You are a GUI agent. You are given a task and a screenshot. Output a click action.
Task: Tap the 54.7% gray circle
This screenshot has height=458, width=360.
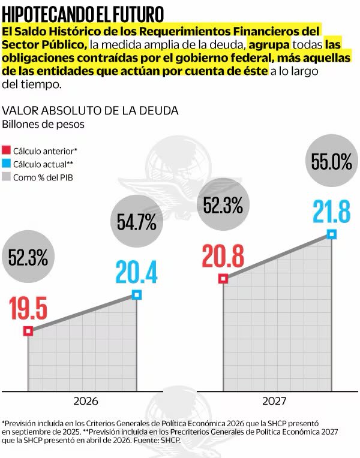[x=136, y=222]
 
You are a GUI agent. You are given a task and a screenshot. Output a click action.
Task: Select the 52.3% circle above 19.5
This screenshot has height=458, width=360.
[x=28, y=258]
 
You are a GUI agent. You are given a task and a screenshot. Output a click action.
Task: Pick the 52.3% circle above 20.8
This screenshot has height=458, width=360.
[x=223, y=206]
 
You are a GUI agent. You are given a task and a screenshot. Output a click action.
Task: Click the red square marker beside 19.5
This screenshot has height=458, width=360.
[x=28, y=331]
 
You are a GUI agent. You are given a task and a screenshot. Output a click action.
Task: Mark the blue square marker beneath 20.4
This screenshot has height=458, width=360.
[x=137, y=294]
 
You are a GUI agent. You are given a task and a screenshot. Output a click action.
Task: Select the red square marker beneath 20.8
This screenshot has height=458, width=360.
[x=223, y=278]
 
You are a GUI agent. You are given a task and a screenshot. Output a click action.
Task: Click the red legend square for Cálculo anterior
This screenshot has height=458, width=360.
[x=7, y=150]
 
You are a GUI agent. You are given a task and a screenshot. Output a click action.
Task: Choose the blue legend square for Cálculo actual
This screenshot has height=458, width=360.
[x=7, y=163]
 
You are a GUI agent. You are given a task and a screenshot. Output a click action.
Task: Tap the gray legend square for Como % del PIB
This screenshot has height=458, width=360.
[x=7, y=177]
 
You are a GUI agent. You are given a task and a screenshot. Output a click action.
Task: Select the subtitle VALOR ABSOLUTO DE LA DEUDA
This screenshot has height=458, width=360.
[x=90, y=111]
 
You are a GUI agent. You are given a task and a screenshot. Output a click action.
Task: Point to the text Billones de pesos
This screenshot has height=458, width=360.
[x=43, y=125]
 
